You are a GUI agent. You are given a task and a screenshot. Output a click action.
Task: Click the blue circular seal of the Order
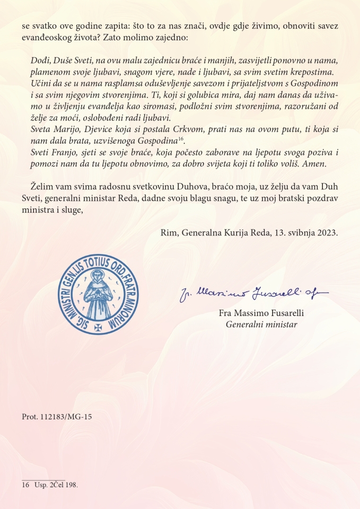pyautogui.click(x=99, y=294)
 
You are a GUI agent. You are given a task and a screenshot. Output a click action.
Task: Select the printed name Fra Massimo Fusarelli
pyautogui.click(x=261, y=313)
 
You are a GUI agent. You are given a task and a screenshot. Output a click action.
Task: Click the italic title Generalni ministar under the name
pyautogui.click(x=261, y=324)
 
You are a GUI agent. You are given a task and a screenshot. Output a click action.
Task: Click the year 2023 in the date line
pyautogui.click(x=327, y=233)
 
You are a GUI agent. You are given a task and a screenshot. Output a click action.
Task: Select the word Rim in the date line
pyautogui.click(x=168, y=233)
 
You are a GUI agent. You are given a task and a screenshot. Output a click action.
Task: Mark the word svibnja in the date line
pyautogui.click(x=297, y=233)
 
